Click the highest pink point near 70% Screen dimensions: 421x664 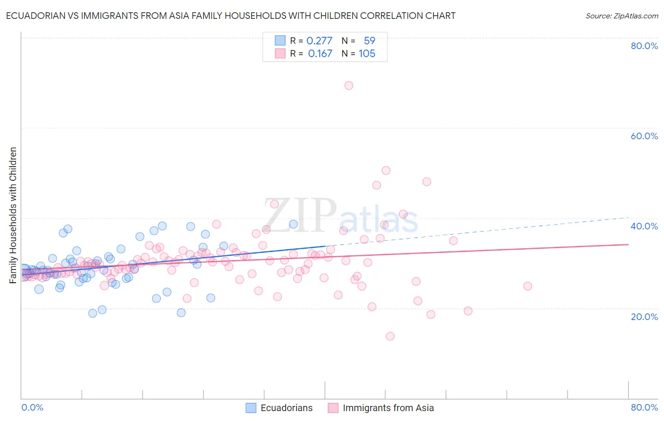[349, 85]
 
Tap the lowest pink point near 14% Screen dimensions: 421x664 [390, 336]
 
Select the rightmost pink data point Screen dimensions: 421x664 [528, 286]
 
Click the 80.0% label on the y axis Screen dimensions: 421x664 [644, 46]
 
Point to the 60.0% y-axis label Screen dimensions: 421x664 [644, 136]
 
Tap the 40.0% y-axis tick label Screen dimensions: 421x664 [644, 226]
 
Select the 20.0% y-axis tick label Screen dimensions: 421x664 [644, 316]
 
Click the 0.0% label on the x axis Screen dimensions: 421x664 [32, 407]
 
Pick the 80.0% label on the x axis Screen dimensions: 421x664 [644, 407]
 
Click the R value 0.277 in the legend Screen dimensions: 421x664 [320, 41]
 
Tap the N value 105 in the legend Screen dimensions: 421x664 [367, 54]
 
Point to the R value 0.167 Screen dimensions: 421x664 [320, 54]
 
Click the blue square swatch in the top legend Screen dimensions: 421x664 [280, 41]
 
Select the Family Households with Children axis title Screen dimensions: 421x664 [13, 215]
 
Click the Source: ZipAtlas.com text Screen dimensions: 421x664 [622, 16]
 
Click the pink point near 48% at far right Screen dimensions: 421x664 [426, 182]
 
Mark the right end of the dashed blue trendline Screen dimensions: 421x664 [628, 217]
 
